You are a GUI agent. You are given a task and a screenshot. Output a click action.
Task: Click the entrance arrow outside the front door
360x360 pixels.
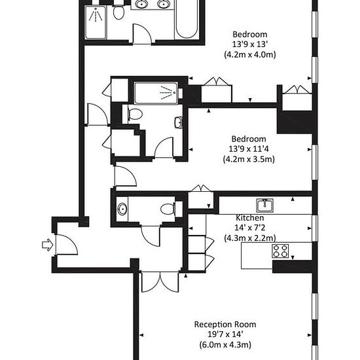(48, 245)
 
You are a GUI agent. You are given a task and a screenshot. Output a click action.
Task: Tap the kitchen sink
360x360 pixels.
(264, 205)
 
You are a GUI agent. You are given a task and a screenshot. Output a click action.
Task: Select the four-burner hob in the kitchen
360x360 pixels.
(280, 251)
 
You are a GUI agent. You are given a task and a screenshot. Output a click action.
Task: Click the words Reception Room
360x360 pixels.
(225, 324)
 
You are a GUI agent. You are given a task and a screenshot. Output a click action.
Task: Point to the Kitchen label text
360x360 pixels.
(250, 218)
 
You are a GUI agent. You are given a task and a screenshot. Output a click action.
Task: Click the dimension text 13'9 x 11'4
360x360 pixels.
(249, 149)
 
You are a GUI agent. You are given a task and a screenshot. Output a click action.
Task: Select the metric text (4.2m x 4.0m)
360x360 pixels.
(250, 54)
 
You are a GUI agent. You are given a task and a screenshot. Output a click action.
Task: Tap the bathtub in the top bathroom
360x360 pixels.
(187, 20)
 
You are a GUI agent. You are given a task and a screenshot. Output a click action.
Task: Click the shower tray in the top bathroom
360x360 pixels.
(96, 22)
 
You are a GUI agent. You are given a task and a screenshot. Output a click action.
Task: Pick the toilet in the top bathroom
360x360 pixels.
(118, 12)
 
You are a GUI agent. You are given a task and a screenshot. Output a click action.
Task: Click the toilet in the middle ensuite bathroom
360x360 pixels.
(135, 114)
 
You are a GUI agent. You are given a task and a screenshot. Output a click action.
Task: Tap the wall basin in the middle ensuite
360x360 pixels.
(179, 122)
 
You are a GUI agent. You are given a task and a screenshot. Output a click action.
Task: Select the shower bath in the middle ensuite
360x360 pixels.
(156, 93)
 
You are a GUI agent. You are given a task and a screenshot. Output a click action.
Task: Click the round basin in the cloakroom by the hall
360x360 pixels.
(122, 209)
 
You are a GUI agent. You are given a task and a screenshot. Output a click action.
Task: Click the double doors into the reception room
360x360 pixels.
(160, 282)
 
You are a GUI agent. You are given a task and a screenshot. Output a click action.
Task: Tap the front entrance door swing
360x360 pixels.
(67, 245)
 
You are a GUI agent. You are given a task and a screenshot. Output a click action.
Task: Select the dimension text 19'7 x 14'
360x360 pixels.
(225, 334)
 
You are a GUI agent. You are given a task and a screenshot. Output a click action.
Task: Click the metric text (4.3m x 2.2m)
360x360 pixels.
(250, 238)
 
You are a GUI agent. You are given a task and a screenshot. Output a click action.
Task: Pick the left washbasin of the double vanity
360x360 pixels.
(141, 4)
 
